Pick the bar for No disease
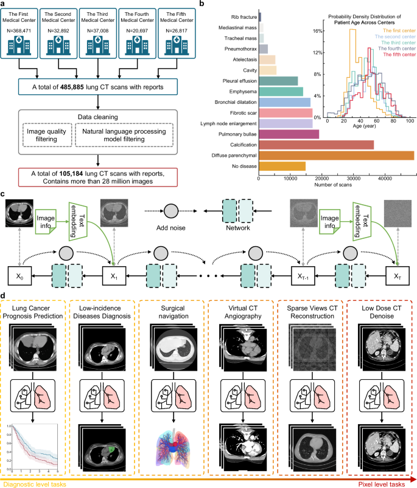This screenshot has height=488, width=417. coord(282,167)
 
